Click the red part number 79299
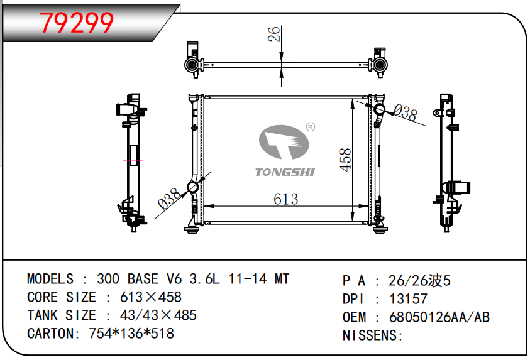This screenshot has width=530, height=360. [77, 23]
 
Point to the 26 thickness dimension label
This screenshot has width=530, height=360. [274, 34]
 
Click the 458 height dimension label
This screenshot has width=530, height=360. [345, 160]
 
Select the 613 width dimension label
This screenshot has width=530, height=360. [286, 199]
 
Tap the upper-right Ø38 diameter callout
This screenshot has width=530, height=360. [406, 112]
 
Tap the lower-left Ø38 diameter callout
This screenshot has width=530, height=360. [169, 199]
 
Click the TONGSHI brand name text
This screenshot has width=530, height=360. [285, 172]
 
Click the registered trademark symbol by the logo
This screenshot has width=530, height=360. [311, 127]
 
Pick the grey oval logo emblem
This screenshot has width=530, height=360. [284, 142]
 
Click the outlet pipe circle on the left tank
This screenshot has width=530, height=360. [192, 187]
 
